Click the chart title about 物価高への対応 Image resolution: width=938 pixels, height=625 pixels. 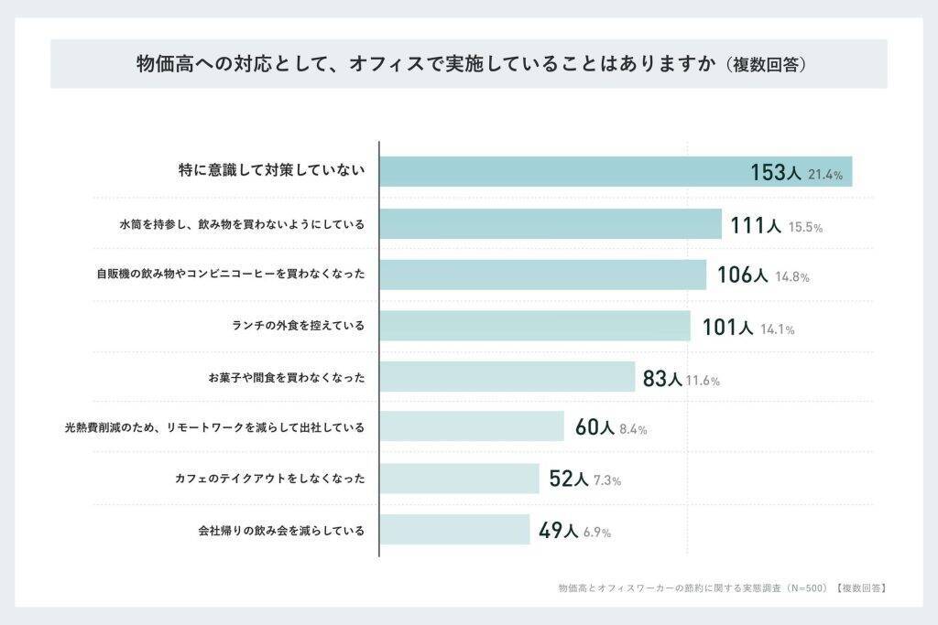(472, 63)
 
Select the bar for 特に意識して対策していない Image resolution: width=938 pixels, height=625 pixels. (616, 171)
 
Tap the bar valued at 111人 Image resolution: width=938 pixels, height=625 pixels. (551, 223)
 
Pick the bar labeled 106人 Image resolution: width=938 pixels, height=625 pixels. (543, 275)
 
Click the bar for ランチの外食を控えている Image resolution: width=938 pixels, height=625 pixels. (535, 326)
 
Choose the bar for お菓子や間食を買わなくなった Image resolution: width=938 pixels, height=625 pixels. (507, 376)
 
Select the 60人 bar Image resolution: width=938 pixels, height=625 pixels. (472, 426)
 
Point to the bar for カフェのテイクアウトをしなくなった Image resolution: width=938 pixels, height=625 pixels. (460, 478)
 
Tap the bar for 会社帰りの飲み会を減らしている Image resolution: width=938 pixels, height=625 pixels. (455, 530)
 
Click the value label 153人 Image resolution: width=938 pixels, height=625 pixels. (776, 173)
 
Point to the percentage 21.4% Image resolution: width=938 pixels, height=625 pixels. (825, 175)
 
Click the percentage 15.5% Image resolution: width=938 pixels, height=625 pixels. (805, 227)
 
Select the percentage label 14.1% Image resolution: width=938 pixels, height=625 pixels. (778, 329)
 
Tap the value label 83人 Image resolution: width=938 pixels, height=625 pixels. (662, 378)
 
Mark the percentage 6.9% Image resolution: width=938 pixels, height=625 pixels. (597, 533)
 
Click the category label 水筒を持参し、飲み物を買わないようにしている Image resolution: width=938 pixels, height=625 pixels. (242, 225)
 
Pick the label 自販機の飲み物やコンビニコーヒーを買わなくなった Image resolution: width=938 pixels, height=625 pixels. (231, 274)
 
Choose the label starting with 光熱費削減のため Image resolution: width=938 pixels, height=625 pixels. (214, 427)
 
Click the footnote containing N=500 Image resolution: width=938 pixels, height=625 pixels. (722, 588)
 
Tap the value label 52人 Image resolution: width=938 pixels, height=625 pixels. (569, 479)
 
